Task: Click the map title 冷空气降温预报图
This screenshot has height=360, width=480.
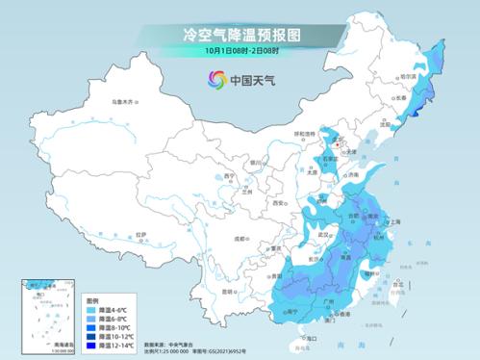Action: pyautogui.click(x=240, y=35)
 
